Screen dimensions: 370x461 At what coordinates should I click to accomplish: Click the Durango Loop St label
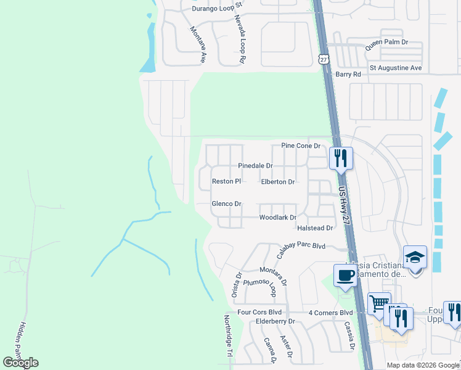218,9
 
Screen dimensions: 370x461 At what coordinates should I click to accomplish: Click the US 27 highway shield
324,59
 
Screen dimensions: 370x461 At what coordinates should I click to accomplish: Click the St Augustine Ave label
395,67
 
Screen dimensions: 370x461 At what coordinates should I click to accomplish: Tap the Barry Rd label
348,74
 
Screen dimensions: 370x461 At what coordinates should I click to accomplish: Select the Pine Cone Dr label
301,146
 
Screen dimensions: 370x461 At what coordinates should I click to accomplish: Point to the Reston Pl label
226,181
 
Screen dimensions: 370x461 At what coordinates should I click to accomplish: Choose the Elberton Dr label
278,182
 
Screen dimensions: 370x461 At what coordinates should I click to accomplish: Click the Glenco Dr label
226,203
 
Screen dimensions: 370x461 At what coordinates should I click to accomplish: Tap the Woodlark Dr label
278,218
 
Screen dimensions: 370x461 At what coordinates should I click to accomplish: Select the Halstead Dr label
315,228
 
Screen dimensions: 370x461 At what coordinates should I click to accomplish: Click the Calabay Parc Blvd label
301,245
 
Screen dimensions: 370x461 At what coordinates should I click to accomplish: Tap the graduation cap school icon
415,257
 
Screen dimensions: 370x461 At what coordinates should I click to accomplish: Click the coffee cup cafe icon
345,275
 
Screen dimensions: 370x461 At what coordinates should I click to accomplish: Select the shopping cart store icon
379,303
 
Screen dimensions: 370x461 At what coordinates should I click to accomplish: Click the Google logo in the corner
20,363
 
